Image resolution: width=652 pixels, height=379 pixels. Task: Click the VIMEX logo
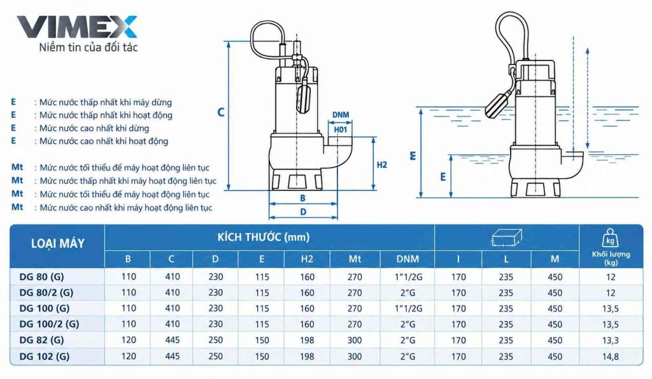(x=76, y=27)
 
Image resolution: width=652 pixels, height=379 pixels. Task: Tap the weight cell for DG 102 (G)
(x=611, y=357)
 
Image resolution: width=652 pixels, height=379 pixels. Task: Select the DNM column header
(x=407, y=259)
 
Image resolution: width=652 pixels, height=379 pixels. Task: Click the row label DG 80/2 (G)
(x=46, y=293)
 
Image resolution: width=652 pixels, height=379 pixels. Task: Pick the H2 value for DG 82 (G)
(x=307, y=340)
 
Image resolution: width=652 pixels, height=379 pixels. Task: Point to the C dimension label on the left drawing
(x=221, y=112)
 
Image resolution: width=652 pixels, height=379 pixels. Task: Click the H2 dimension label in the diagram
(x=382, y=165)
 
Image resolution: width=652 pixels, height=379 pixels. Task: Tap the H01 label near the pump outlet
(x=341, y=130)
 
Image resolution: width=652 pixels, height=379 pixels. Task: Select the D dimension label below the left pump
(x=303, y=212)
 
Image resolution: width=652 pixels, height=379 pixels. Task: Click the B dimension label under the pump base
(x=302, y=199)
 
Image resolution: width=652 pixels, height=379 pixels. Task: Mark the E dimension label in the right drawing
(x=443, y=177)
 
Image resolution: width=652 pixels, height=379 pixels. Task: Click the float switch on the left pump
(x=302, y=96)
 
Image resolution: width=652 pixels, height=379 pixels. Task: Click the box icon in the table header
(x=506, y=238)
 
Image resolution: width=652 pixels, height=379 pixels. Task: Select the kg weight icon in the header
(x=610, y=238)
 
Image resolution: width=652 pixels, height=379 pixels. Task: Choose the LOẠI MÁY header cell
(x=58, y=243)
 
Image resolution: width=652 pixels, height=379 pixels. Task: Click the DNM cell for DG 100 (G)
(x=408, y=309)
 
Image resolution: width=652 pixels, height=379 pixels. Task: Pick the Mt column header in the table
(x=354, y=259)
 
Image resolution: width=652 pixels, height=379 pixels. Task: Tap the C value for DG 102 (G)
(x=172, y=357)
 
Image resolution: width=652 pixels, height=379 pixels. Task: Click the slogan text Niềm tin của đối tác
(x=88, y=47)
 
